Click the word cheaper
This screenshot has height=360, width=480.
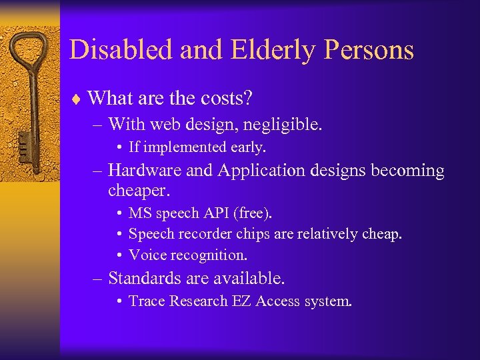[139, 191]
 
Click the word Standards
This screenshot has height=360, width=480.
[148, 277]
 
